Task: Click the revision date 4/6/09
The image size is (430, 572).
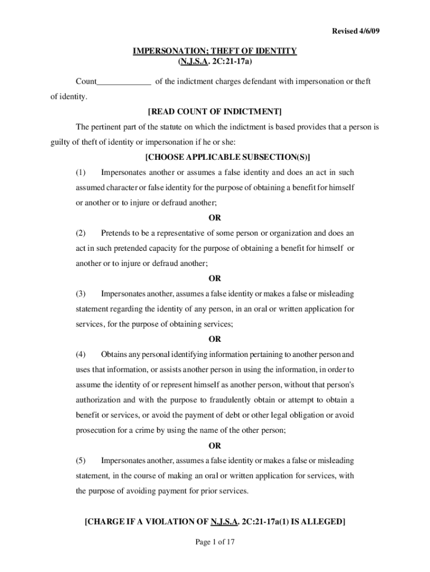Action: (369, 31)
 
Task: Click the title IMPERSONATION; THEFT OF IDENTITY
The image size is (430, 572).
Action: (214, 51)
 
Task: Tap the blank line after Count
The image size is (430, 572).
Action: (123, 83)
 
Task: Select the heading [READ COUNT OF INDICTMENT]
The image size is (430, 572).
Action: (214, 112)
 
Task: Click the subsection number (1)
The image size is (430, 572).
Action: (82, 173)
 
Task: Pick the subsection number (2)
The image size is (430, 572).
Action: (82, 233)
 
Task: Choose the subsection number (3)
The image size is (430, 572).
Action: (82, 294)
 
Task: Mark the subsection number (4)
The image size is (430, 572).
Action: (82, 354)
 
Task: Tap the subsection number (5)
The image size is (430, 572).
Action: (82, 461)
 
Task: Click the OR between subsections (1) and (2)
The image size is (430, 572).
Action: (215, 218)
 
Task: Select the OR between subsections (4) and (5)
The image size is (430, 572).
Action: (215, 446)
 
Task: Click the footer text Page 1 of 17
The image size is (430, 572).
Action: (214, 541)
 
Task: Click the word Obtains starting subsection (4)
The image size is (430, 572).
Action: (115, 354)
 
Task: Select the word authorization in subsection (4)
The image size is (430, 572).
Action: (98, 400)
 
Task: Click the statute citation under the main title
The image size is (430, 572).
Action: (214, 61)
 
